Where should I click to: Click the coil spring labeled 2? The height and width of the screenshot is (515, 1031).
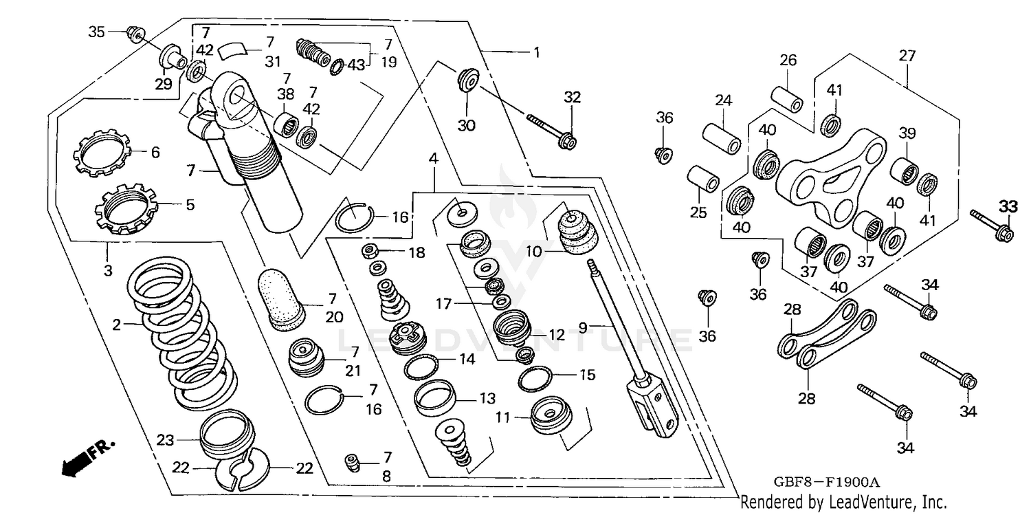coord(182,337)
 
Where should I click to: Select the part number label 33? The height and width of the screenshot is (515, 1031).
coord(1008,206)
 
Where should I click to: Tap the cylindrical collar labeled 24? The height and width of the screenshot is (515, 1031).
coord(721,137)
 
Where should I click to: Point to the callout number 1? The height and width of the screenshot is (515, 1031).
coord(535,52)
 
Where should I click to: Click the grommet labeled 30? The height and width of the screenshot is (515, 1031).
coord(467,80)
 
